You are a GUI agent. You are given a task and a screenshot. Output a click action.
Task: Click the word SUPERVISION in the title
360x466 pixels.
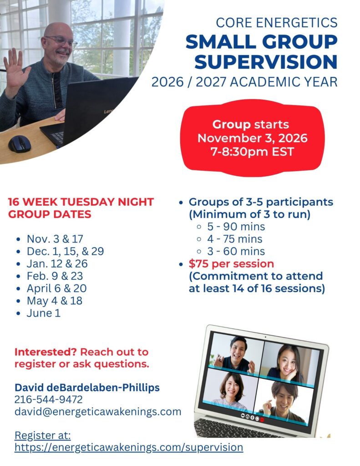[266, 62]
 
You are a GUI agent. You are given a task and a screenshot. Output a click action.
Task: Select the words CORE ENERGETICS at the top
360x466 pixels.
[276, 23]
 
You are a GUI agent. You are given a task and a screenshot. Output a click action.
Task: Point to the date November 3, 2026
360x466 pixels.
[253, 138]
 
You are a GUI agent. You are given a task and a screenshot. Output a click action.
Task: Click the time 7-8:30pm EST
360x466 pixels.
[253, 152]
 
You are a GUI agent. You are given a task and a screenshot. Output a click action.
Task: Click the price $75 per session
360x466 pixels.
[231, 264]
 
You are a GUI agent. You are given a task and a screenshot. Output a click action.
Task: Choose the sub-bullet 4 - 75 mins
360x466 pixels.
[234, 239]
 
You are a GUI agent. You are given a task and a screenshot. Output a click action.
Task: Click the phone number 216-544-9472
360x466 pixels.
[48, 400]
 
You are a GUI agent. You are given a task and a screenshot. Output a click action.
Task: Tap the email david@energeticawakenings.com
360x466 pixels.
[98, 411]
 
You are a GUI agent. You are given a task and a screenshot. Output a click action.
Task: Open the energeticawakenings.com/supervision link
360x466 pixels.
[129, 447]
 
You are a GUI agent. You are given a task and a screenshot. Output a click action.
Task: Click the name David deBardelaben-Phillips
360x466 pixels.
[87, 388]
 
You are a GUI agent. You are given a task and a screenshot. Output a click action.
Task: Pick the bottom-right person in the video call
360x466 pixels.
[283, 401]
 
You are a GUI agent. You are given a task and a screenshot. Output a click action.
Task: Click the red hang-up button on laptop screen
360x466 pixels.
[262, 420]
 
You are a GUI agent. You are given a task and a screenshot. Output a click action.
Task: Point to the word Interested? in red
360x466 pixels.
[46, 352]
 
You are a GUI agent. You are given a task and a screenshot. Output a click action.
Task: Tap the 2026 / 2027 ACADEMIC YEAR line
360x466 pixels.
[244, 82]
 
